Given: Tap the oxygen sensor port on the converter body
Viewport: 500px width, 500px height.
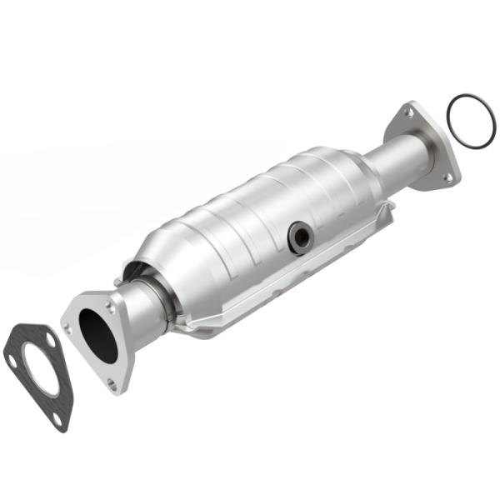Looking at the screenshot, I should pyautogui.click(x=300, y=237).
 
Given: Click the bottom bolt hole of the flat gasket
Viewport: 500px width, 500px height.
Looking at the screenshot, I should pyautogui.click(x=59, y=420).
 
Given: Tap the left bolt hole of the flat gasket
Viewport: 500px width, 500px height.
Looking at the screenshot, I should pyautogui.click(x=12, y=360).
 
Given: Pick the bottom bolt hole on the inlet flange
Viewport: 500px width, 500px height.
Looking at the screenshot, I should pyautogui.click(x=112, y=382).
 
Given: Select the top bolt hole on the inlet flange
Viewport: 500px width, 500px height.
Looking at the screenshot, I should pyautogui.click(x=110, y=305).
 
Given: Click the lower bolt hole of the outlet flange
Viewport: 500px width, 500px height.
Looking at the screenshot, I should pyautogui.click(x=447, y=177).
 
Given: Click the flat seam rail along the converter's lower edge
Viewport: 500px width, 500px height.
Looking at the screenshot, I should pyautogui.click(x=275, y=292).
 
